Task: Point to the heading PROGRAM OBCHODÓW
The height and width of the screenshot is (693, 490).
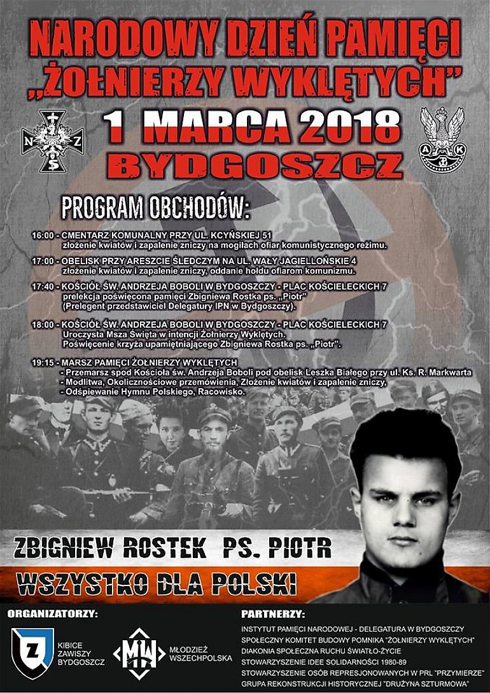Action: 157,208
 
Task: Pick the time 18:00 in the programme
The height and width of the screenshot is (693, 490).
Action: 43,325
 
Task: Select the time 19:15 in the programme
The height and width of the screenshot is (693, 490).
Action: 43,363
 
